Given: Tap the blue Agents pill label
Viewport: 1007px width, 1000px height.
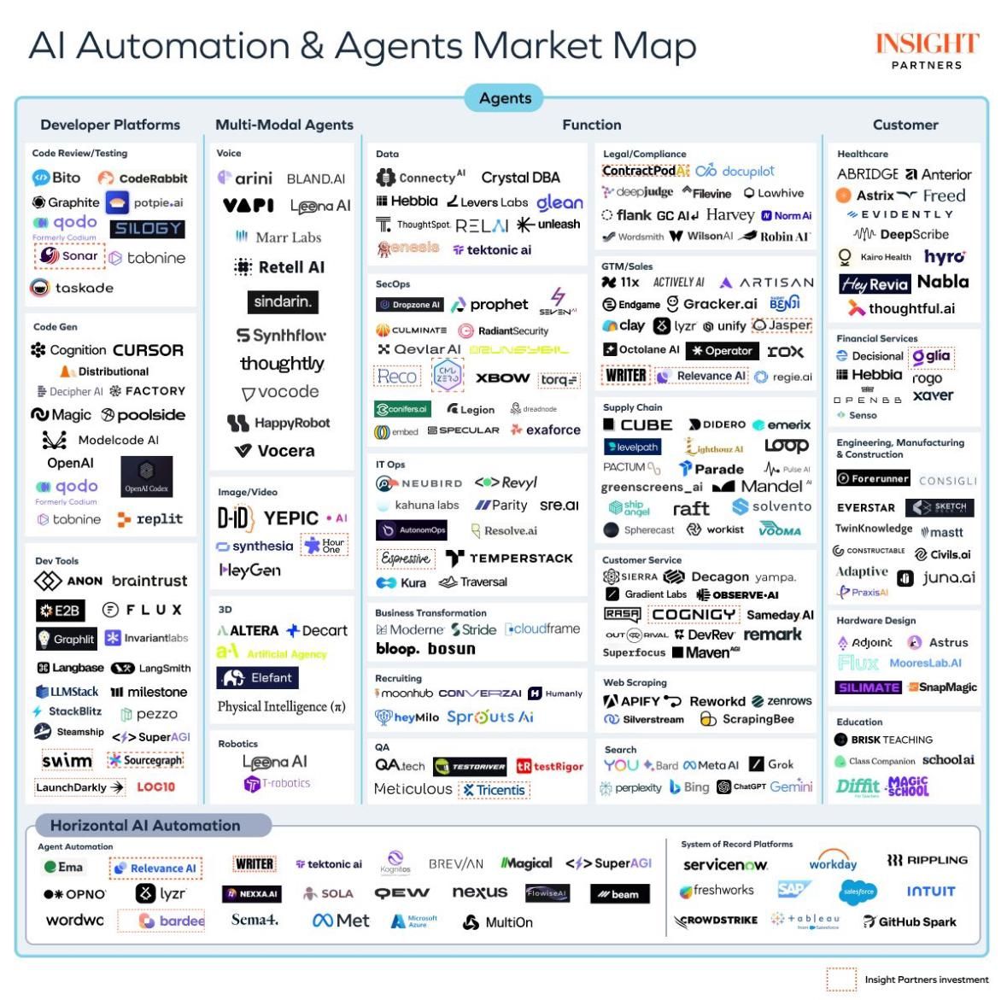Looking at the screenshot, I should (505, 98).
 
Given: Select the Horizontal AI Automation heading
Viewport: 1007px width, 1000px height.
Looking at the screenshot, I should (145, 826).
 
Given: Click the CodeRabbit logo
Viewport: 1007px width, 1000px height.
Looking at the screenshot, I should (143, 178).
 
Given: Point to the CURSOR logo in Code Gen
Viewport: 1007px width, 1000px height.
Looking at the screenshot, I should (148, 350).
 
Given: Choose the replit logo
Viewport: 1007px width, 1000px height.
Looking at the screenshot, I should (150, 519).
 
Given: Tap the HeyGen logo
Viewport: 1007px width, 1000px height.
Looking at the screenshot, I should (249, 570).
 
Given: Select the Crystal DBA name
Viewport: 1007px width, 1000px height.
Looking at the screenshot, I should (520, 178).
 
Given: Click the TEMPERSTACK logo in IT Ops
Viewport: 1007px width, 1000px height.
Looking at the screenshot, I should (509, 558).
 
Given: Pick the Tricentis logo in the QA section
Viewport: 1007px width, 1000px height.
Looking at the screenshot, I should (495, 790).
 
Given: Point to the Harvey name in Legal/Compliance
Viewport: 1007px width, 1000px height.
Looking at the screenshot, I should (729, 215).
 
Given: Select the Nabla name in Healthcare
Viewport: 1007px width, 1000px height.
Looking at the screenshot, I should (942, 282).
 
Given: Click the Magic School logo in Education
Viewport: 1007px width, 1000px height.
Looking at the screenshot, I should (908, 787).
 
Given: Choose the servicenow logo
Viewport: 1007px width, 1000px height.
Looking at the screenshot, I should (724, 864).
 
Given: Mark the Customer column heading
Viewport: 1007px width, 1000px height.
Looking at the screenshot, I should (905, 125).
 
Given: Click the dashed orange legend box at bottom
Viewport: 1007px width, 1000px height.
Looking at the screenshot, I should (840, 980).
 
